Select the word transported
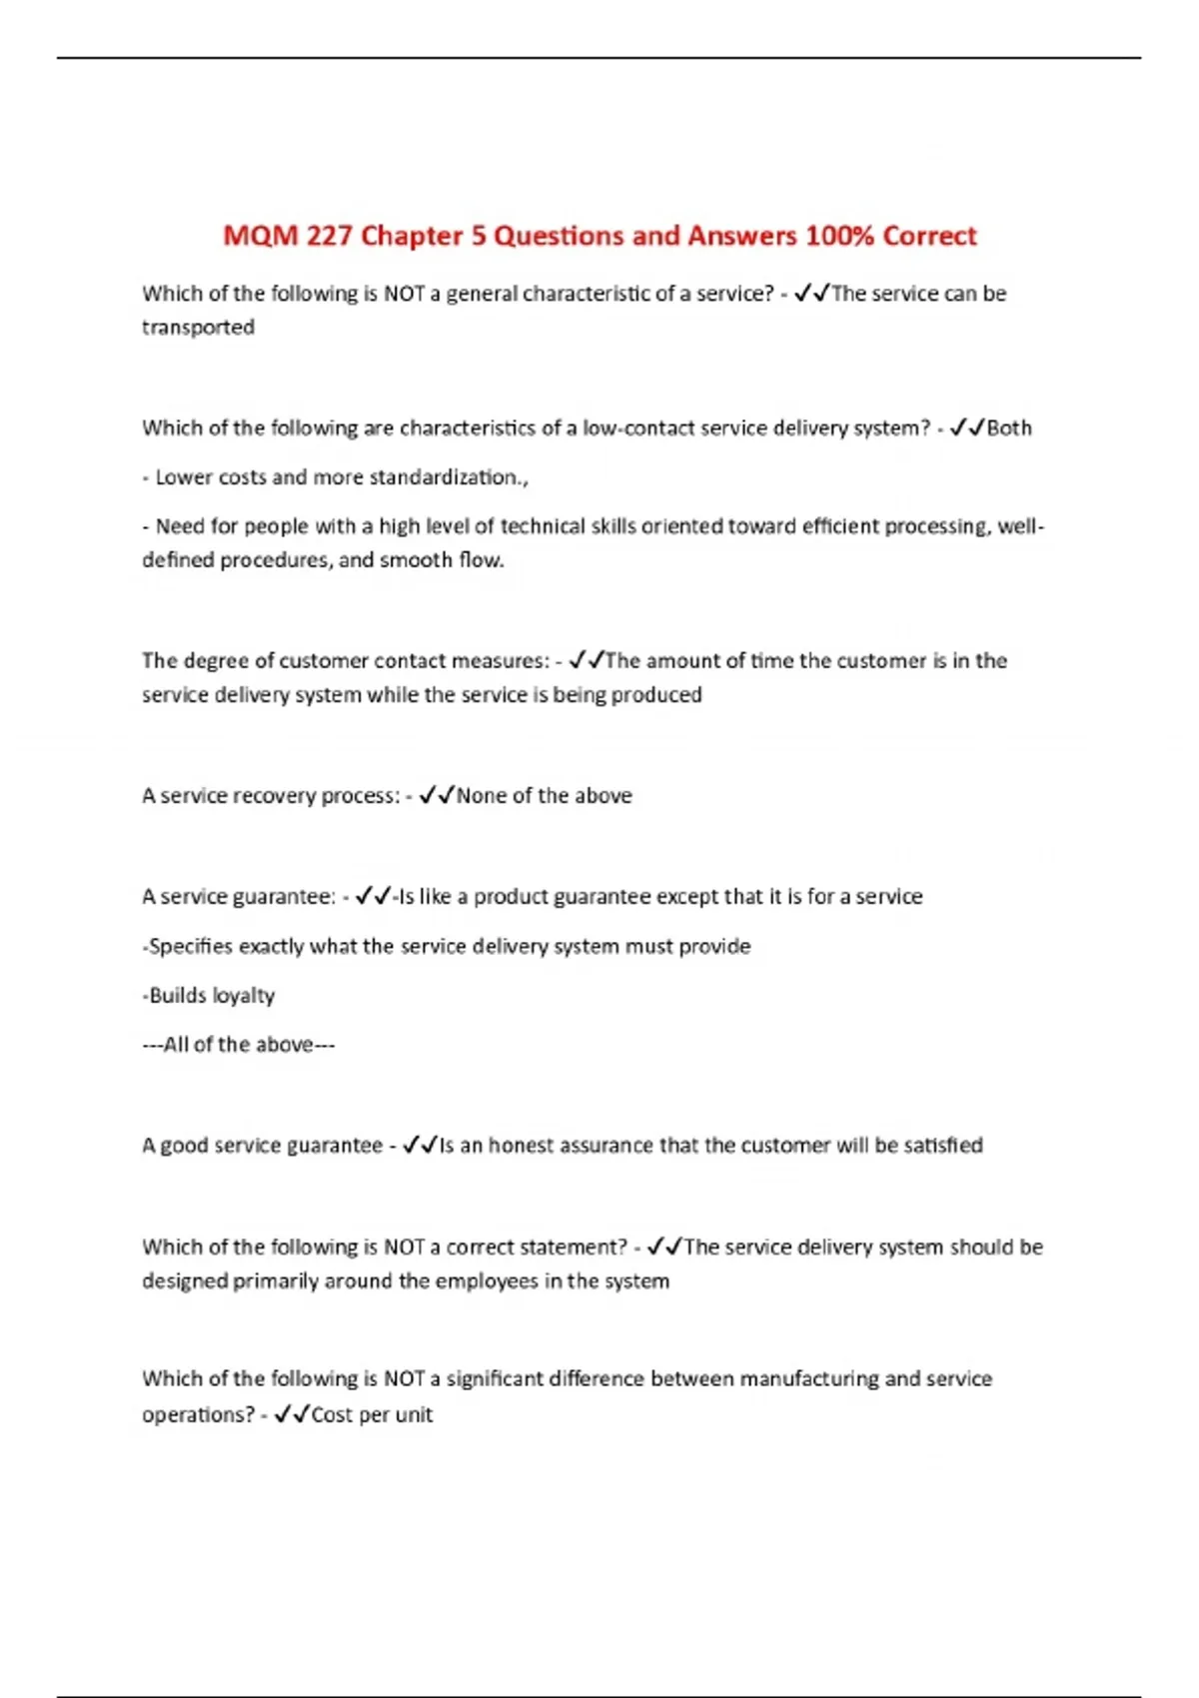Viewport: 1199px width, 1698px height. tap(198, 328)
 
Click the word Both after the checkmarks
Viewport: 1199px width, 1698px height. tap(1009, 428)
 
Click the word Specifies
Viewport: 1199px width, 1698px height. tap(189, 946)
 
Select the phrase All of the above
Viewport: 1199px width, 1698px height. tap(239, 1045)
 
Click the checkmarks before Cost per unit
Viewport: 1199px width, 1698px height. tap(291, 1414)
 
